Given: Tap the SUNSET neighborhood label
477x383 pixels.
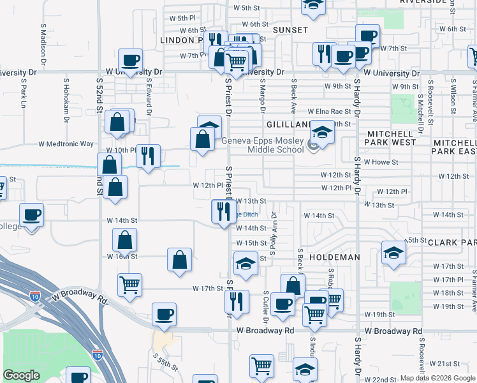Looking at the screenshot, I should point(290,30).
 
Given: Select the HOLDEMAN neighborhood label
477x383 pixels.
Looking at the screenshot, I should point(334,257).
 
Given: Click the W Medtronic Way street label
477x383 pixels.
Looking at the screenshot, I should point(66,144).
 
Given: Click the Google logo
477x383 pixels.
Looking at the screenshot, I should point(22,376).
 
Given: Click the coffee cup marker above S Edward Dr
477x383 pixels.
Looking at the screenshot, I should point(130,60).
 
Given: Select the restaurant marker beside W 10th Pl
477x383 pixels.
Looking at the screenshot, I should point(148,156).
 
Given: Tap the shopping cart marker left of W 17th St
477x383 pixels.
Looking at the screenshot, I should point(130,285).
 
